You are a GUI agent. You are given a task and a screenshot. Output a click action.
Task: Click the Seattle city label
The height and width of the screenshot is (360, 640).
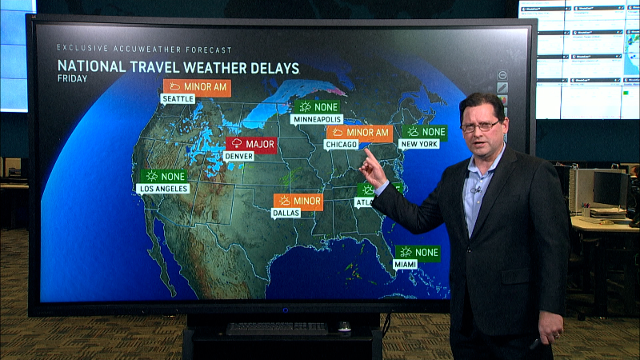(178, 99)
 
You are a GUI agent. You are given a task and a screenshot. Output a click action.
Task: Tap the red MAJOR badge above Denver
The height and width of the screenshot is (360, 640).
(250, 145)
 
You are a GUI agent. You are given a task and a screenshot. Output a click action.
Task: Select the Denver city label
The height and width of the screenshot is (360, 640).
(238, 157)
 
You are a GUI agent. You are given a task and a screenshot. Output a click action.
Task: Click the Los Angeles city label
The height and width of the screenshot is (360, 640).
(162, 189)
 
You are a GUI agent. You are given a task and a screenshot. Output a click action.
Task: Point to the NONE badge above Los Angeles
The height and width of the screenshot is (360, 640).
(164, 176)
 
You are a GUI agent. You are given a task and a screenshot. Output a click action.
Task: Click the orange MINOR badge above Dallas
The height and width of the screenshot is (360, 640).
(298, 201)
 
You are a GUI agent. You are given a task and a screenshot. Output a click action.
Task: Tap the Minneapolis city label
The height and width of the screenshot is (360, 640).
(318, 119)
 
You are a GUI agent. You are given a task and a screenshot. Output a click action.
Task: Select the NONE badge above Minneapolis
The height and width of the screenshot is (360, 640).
(317, 106)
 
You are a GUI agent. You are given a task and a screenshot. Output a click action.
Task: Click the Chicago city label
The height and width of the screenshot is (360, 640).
(341, 145)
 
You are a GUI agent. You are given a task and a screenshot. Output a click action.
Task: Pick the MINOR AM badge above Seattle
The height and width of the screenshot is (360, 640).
(197, 87)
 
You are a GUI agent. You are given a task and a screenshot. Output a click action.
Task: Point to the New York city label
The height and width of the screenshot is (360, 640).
(419, 145)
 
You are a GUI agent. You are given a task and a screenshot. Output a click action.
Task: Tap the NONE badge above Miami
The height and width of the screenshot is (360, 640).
(418, 253)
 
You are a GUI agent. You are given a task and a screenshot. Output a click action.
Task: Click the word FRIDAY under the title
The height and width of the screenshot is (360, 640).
(73, 78)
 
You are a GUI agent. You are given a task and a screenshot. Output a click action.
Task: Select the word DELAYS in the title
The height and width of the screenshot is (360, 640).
(263, 67)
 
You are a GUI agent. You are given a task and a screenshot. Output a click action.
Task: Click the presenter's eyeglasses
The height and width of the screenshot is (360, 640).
(480, 126)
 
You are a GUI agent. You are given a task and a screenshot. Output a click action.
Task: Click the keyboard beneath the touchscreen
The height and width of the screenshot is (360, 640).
(277, 328)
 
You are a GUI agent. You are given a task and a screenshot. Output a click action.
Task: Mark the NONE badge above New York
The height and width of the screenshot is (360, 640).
(424, 132)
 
